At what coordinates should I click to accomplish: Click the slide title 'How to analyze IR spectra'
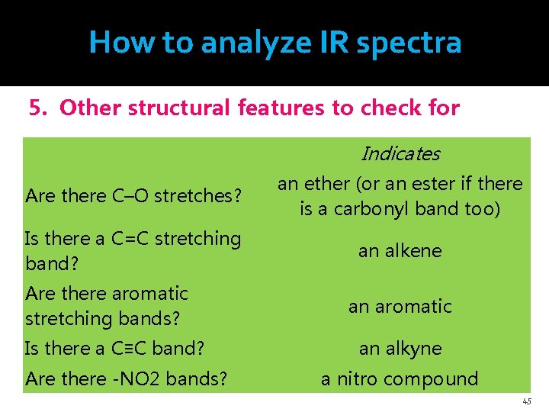click(x=274, y=42)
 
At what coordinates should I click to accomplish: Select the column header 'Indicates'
click(x=400, y=154)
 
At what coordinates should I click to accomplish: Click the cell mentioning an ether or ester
click(x=400, y=196)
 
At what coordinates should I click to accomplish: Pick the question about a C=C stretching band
click(x=133, y=250)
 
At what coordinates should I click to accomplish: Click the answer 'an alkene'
click(x=400, y=251)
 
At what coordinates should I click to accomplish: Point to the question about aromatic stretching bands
click(x=107, y=304)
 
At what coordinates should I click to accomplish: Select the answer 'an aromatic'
click(x=400, y=306)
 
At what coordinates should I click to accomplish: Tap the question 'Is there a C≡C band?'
click(x=114, y=349)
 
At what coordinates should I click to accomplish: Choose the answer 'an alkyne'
click(x=400, y=349)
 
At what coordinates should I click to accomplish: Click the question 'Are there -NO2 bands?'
click(x=126, y=378)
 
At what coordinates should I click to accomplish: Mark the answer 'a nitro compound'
click(x=400, y=378)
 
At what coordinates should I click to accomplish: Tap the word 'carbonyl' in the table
click(x=381, y=209)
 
